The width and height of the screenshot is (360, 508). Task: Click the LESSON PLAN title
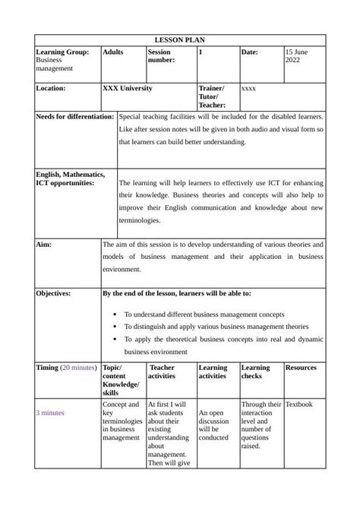[x=180, y=39]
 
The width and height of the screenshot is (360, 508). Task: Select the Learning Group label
[x=62, y=52]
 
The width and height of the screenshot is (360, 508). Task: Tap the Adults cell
[x=112, y=52]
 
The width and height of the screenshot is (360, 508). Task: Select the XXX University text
[x=128, y=88]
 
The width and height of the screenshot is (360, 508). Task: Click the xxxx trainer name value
[x=248, y=89]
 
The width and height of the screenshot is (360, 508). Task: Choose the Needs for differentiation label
[x=75, y=117]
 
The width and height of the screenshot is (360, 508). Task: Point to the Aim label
[x=44, y=245]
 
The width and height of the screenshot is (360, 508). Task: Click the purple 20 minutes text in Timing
[x=79, y=368]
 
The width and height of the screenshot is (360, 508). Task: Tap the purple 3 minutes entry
[x=50, y=413]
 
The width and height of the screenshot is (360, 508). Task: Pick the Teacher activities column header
[x=162, y=371]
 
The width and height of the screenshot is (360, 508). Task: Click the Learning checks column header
[x=255, y=371]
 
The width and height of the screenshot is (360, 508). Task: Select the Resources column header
[x=301, y=368]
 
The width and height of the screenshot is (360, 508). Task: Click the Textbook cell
[x=298, y=405]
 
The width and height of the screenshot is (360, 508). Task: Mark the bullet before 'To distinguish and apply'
[x=114, y=327]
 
